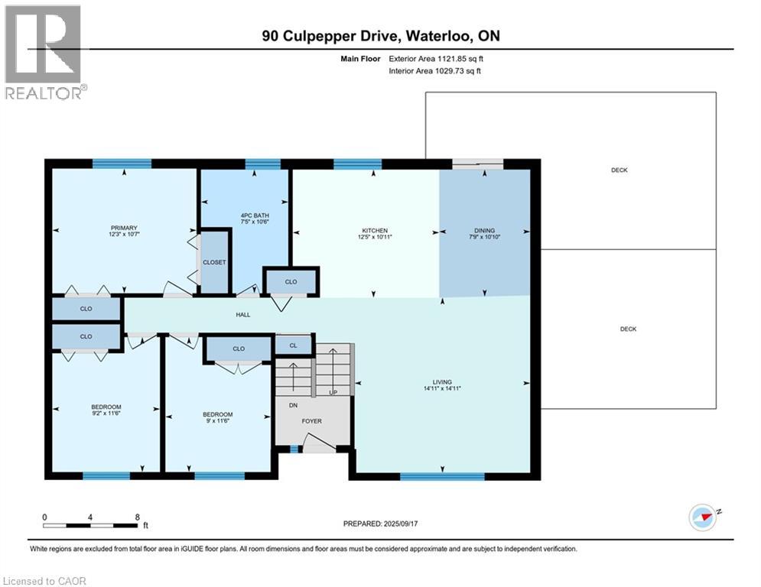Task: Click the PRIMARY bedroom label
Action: point(123,228)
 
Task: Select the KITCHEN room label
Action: point(375,230)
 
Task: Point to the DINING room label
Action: point(484,230)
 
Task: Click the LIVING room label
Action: point(442,382)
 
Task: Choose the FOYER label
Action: point(311,421)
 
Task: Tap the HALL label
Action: point(242,315)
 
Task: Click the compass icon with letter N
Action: point(701,517)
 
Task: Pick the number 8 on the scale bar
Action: point(137,517)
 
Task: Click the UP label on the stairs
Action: point(333,392)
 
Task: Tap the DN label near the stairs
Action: point(293,406)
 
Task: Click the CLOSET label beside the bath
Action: point(214,262)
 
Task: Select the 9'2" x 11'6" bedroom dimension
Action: point(106,413)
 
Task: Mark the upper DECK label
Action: point(619,170)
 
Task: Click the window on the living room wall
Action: point(442,476)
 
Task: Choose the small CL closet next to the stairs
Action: point(293,346)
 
